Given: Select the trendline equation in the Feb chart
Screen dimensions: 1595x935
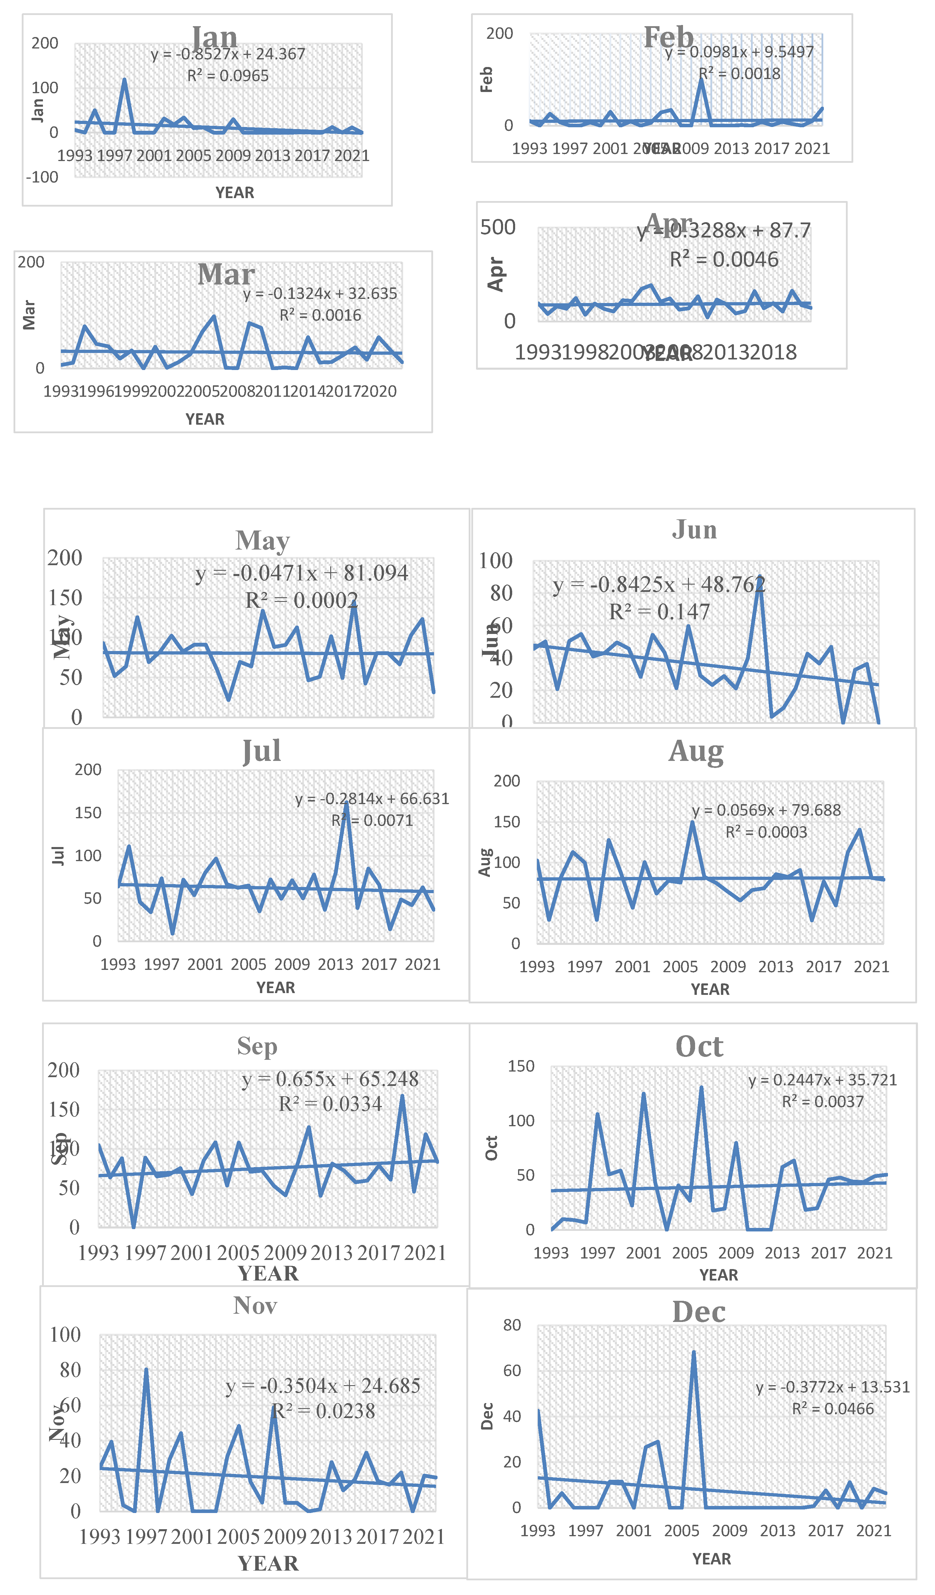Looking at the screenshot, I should click(x=739, y=52).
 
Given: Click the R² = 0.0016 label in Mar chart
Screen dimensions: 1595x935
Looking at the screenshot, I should click(x=320, y=315).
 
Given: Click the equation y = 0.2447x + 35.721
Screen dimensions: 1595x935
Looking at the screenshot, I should click(x=822, y=1080).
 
